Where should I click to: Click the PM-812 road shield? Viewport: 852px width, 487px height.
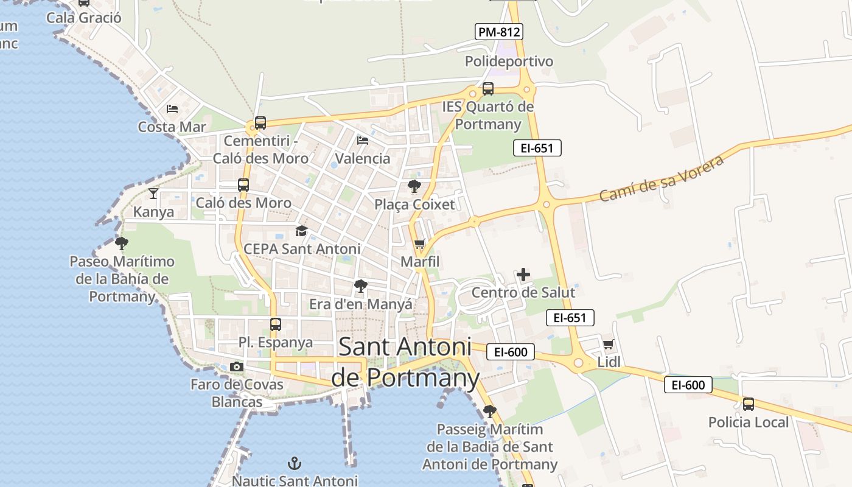pos(499,32)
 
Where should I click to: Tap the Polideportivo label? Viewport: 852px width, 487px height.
pos(509,61)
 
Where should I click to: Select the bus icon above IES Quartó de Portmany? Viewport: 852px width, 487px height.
pos(487,89)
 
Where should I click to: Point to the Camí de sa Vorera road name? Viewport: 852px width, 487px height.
pos(661,178)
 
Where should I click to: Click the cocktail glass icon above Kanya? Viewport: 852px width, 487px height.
pos(153,194)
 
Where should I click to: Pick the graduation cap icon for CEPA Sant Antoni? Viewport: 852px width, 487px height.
pos(301,231)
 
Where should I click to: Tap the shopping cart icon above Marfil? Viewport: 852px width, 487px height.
pos(419,245)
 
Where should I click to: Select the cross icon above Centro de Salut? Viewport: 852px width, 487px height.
pos(523,275)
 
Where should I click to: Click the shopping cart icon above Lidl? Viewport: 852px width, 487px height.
pos(608,345)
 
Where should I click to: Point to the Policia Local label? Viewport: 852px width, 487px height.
pos(748,422)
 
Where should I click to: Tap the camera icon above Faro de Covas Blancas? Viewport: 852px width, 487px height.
pos(237,366)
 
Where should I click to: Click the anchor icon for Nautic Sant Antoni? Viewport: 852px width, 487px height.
pos(295,463)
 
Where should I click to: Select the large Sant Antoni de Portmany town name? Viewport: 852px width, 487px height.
pos(405,362)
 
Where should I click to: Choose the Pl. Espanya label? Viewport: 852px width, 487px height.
pos(276,342)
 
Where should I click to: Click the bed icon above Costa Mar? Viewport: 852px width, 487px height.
pos(172,109)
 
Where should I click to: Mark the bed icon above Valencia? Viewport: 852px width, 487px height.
pos(363,141)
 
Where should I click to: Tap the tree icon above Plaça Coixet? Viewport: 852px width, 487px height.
pos(414,186)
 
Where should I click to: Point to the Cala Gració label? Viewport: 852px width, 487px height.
pos(84,18)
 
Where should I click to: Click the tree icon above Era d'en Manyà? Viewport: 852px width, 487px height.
pos(361,286)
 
